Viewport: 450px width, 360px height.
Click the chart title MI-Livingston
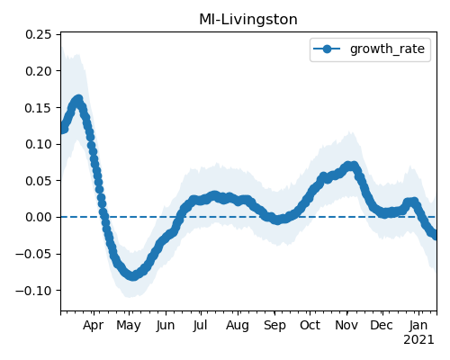[248, 20]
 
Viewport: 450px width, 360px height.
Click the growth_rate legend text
[387, 49]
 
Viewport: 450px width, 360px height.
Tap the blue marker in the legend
[327, 49]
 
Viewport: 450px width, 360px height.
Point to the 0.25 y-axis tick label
[39, 34]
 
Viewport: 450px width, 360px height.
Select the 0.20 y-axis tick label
[39, 71]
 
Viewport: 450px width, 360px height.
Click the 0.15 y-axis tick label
[39, 108]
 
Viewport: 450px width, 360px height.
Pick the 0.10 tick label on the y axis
[39, 144]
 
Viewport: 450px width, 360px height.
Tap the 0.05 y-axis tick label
[39, 181]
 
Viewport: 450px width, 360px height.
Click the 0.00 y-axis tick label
[39, 217]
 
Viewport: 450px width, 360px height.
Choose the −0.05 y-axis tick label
[33, 254]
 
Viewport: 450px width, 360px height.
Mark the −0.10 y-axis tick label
[33, 291]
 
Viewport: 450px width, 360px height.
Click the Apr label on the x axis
[94, 326]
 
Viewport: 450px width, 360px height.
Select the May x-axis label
[129, 326]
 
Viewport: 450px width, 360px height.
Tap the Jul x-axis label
[200, 325]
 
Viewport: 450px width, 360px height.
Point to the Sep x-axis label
[274, 326]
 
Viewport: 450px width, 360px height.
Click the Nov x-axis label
[346, 325]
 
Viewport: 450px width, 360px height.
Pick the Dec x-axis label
[382, 325]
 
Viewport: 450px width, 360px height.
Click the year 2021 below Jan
[418, 340]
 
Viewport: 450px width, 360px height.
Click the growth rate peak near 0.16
[78, 100]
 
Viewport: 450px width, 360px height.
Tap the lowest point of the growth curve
[133, 275]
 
